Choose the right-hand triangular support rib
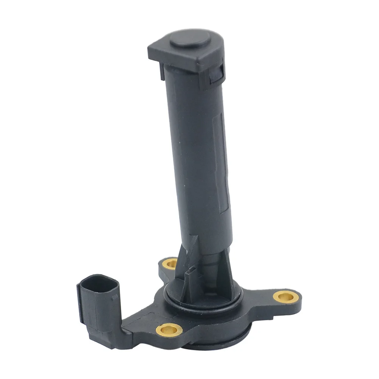230,273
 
